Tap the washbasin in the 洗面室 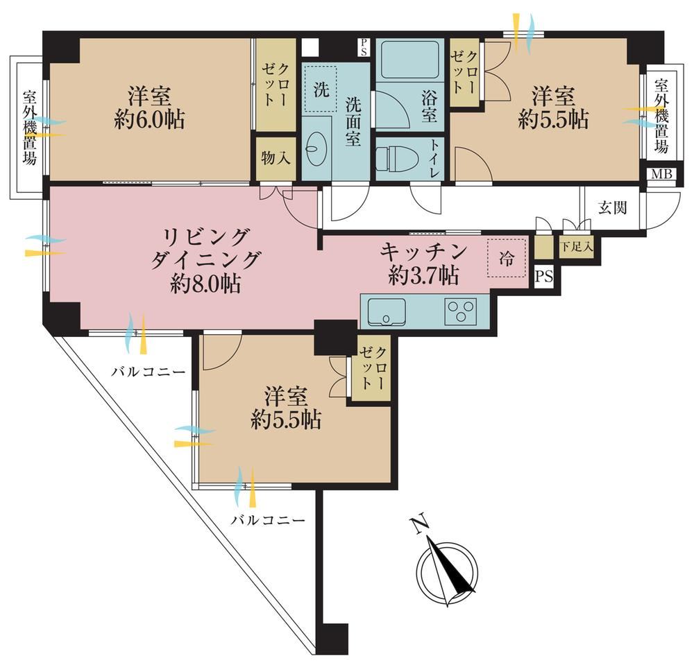click(x=317, y=150)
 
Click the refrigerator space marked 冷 click(x=507, y=258)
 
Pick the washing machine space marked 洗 click(x=321, y=89)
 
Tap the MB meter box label click(x=661, y=174)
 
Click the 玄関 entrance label click(x=613, y=207)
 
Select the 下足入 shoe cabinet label click(x=576, y=247)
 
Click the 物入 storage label click(x=276, y=157)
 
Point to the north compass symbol click(x=448, y=571)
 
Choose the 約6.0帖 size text click(x=150, y=119)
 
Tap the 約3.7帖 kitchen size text click(x=423, y=276)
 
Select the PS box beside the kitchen click(x=544, y=277)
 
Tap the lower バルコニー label click(x=268, y=519)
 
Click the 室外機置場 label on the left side click(x=30, y=128)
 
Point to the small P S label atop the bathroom click(x=363, y=47)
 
